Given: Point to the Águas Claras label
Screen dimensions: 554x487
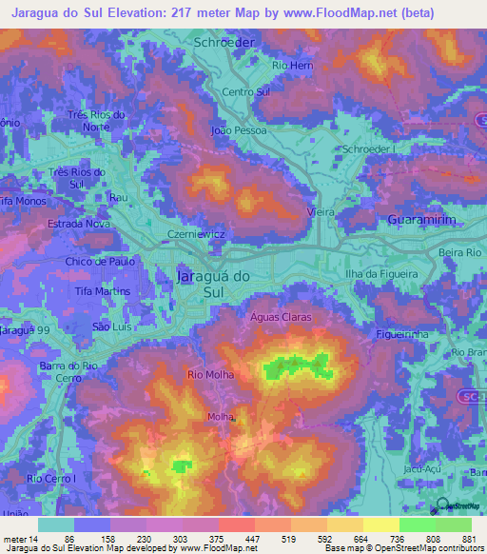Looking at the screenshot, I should pyautogui.click(x=282, y=317).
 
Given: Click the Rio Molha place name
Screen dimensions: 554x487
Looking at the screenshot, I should pyautogui.click(x=211, y=375).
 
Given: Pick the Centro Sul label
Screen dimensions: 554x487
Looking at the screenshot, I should pyautogui.click(x=246, y=91).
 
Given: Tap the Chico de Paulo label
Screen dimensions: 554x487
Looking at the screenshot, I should pyautogui.click(x=97, y=262).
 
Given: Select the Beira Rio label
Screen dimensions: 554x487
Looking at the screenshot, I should pyautogui.click(x=462, y=252).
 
